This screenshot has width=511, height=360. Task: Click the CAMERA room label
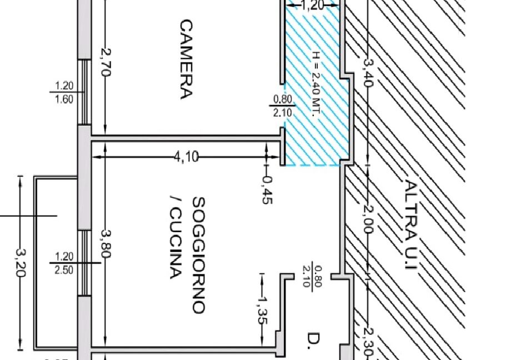click(x=186, y=59)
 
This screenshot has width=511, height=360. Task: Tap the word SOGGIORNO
click(x=198, y=255)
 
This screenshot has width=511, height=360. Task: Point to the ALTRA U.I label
click(x=410, y=224)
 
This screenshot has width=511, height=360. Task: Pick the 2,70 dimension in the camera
click(x=106, y=63)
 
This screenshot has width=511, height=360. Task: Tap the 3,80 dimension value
click(x=106, y=243)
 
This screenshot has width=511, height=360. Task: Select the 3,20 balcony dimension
click(x=20, y=263)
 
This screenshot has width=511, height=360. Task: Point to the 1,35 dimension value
click(x=263, y=311)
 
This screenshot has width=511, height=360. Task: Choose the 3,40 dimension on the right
click(x=368, y=72)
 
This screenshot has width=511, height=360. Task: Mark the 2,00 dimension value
click(x=368, y=219)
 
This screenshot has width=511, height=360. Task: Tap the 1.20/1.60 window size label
click(x=64, y=92)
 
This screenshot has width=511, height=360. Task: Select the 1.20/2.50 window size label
click(x=64, y=263)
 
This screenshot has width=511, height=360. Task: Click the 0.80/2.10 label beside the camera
click(x=282, y=106)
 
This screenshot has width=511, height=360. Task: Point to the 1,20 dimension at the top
click(x=312, y=6)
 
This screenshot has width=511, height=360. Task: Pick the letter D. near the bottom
click(x=313, y=341)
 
